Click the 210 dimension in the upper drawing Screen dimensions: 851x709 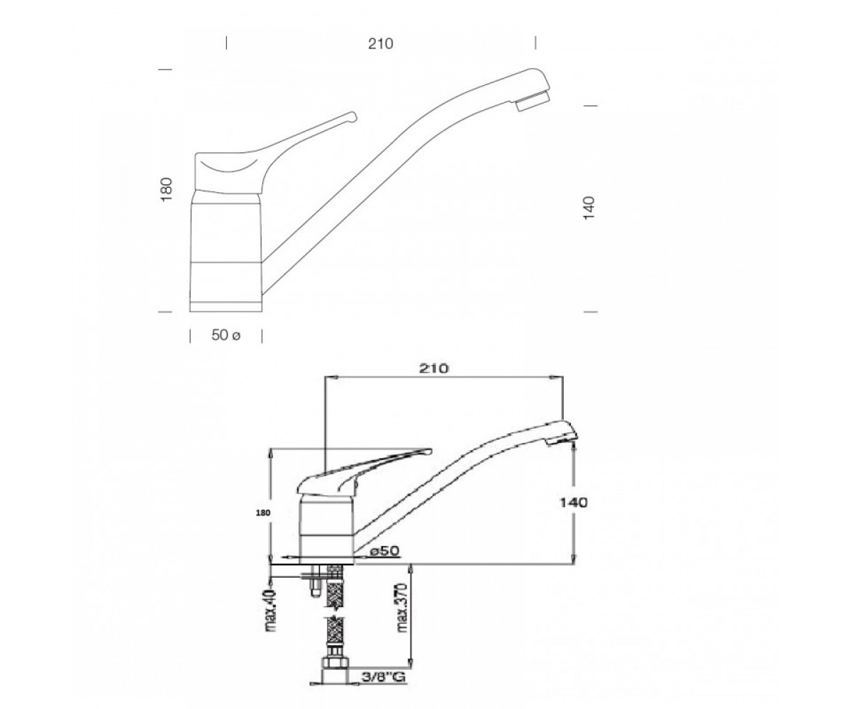coord(381,43)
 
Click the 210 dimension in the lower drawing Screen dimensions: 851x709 coord(433,369)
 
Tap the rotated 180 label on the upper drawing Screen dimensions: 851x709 coord(167,189)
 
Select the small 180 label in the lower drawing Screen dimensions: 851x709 coord(263,513)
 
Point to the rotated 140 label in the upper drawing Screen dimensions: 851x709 coord(589,208)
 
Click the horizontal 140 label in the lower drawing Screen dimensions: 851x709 coord(574,503)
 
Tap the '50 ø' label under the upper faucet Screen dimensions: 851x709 coord(226,335)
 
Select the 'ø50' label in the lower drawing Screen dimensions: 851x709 coord(384,551)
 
